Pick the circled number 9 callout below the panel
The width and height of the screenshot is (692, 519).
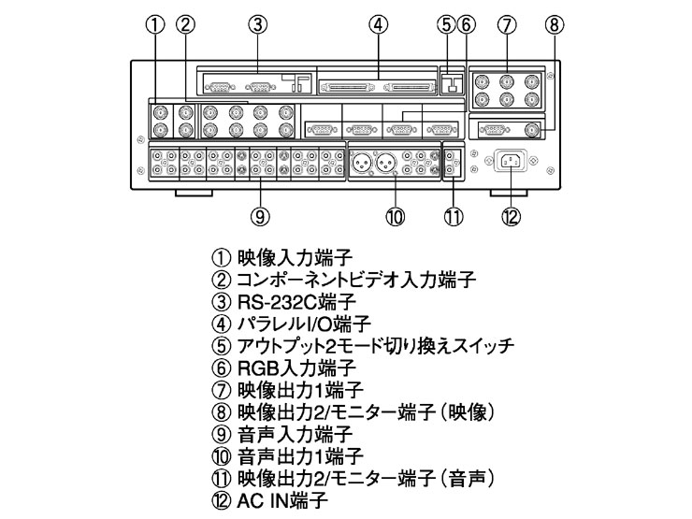pos(261,216)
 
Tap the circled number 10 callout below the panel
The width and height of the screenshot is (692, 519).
pos(395,216)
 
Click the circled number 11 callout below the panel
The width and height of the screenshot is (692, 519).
pos(454,216)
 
